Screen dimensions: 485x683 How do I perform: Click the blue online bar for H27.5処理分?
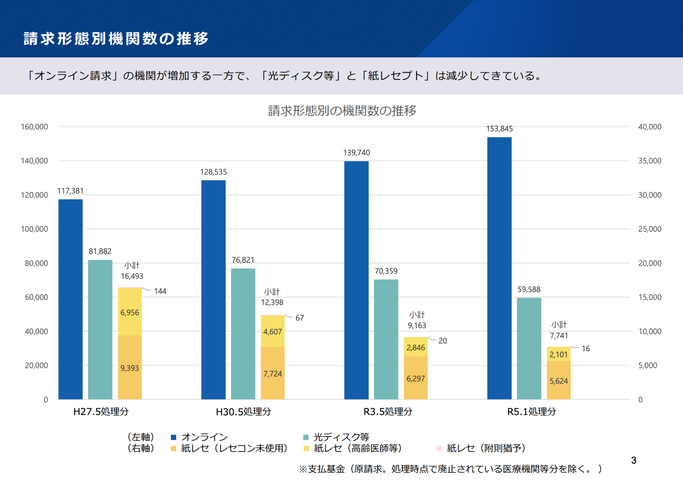click(71, 299)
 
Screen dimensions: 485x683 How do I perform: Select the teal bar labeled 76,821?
click(243, 334)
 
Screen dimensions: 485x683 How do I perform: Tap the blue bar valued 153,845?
click(499, 268)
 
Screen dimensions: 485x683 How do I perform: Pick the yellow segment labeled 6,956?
click(130, 312)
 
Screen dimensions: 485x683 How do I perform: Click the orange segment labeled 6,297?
click(416, 378)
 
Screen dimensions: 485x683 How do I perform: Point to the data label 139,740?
click(357, 153)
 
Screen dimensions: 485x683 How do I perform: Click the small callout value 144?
click(160, 291)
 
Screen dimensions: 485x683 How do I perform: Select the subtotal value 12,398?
click(272, 302)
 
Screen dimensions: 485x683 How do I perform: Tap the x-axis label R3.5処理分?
click(388, 412)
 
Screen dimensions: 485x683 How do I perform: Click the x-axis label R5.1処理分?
click(532, 412)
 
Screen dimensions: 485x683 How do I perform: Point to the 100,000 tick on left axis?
click(34, 229)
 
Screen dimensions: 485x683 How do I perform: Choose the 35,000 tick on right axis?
click(650, 161)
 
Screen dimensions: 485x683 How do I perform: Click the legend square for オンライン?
click(173, 437)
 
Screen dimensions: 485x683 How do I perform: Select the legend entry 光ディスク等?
click(341, 437)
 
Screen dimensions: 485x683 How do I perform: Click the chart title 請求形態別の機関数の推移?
click(342, 110)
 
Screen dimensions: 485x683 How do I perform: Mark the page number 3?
click(634, 460)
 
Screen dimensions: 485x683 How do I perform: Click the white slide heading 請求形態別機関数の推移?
click(116, 39)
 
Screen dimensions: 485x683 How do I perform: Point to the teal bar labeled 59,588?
click(529, 348)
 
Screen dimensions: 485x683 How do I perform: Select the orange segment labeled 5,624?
click(559, 381)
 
